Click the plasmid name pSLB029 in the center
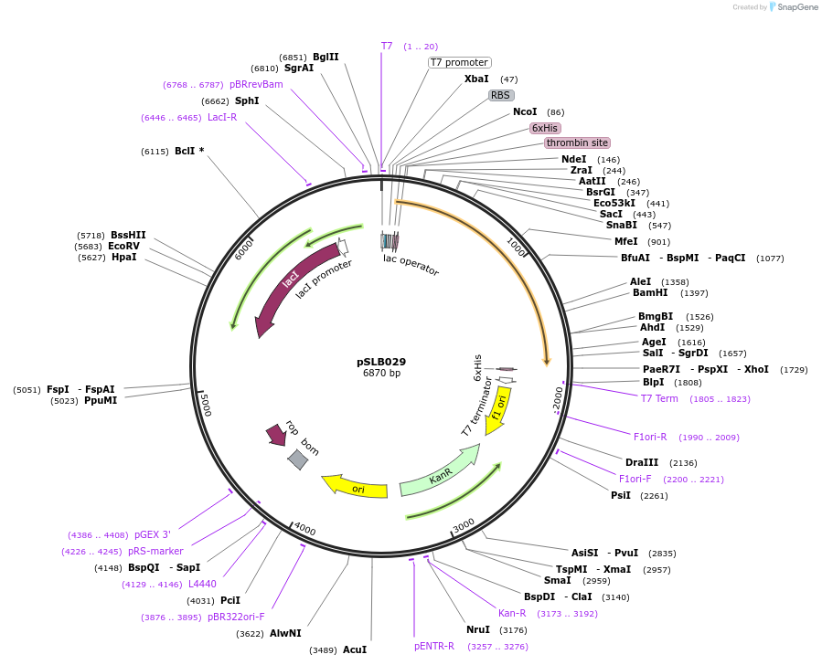click(x=381, y=362)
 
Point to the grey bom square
click(x=298, y=459)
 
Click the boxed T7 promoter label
click(x=460, y=62)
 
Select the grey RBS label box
click(x=500, y=95)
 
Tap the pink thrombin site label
click(x=577, y=143)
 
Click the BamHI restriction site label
click(x=649, y=293)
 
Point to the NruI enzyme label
click(x=478, y=629)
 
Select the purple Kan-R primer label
click(x=512, y=613)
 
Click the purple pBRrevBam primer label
click(x=256, y=84)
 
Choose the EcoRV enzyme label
click(x=123, y=246)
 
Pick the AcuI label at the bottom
click(x=355, y=649)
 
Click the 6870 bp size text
click(x=381, y=374)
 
